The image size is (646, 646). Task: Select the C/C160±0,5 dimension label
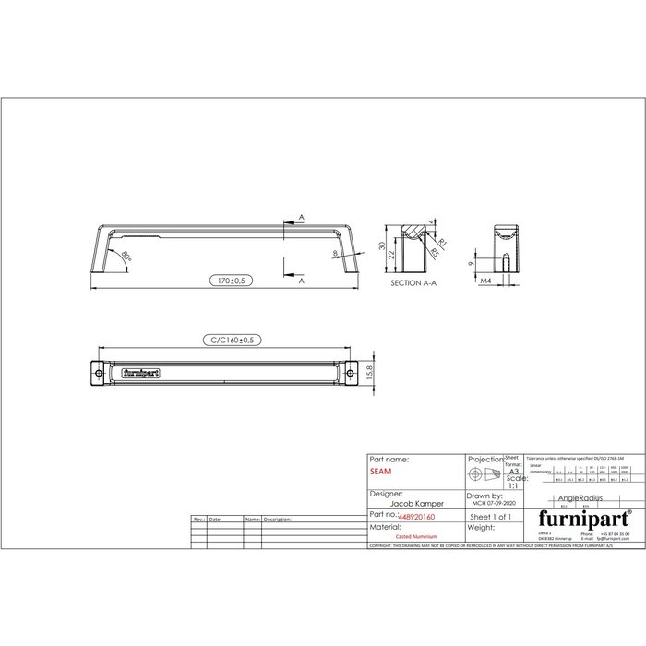(x=227, y=341)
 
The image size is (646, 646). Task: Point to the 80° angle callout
(x=127, y=255)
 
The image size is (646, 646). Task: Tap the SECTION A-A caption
(x=412, y=284)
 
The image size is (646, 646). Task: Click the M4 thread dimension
(x=484, y=281)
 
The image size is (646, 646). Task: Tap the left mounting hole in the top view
(x=101, y=372)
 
